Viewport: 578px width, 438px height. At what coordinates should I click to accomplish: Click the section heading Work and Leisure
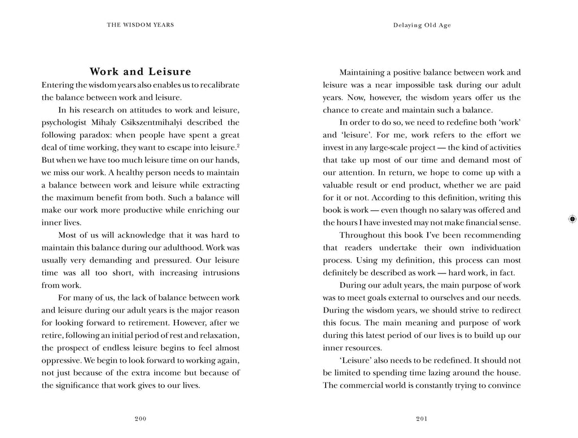point(141,72)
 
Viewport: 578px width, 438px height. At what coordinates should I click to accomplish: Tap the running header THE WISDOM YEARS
point(141,25)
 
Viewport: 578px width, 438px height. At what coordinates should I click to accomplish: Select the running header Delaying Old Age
point(422,25)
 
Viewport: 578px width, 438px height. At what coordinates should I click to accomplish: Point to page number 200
point(141,419)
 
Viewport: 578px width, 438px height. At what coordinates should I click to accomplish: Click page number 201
point(422,419)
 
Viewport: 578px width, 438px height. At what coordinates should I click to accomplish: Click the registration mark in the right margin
point(571,219)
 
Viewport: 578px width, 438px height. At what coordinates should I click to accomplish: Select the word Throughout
point(362,235)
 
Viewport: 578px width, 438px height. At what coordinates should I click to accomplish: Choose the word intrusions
point(217,272)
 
